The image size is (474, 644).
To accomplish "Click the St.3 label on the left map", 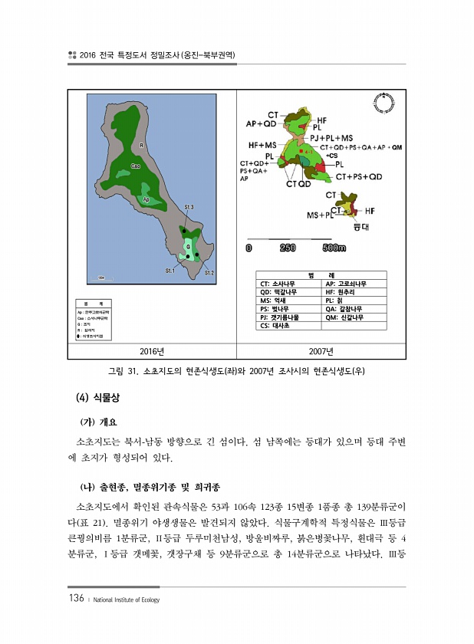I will [x=189, y=207].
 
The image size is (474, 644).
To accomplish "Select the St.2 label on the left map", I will [x=208, y=272].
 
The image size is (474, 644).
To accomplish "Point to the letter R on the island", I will [x=142, y=145].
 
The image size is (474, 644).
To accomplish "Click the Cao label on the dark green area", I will [x=135, y=166].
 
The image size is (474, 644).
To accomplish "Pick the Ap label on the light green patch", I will [x=146, y=199].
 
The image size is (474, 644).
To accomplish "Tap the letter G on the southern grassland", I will [x=188, y=246].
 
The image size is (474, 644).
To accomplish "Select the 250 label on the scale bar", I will [x=288, y=248].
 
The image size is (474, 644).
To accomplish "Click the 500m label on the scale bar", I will [x=334, y=248].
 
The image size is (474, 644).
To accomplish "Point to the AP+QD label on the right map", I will [x=261, y=123].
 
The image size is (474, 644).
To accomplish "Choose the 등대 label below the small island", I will [x=360, y=227].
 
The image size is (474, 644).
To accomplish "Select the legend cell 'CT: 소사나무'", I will [x=278, y=284].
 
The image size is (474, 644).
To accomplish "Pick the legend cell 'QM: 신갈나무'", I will [x=344, y=317].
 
